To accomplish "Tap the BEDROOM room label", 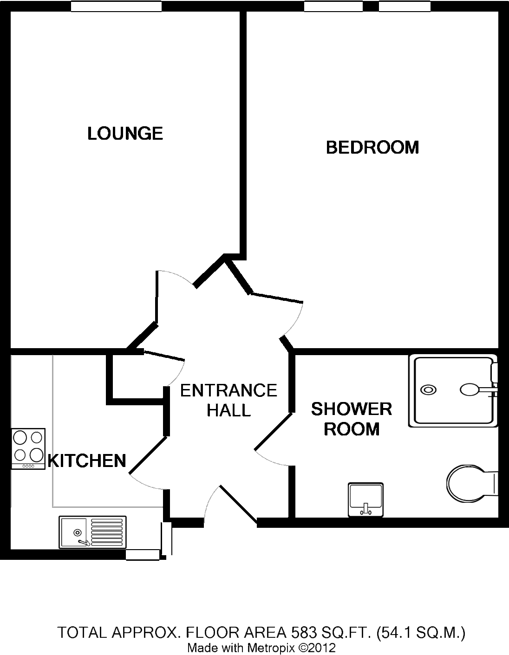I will [374, 148].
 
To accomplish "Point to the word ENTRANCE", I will [229, 391].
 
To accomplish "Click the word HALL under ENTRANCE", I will [228, 410].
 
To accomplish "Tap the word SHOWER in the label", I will [352, 409].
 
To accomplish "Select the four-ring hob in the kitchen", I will [28, 447].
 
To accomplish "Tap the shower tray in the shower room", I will [452, 391].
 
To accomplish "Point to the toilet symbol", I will [470, 485].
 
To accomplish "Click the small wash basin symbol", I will [365, 499].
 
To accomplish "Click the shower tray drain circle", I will [428, 390].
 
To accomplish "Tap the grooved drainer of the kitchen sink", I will [108, 532].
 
